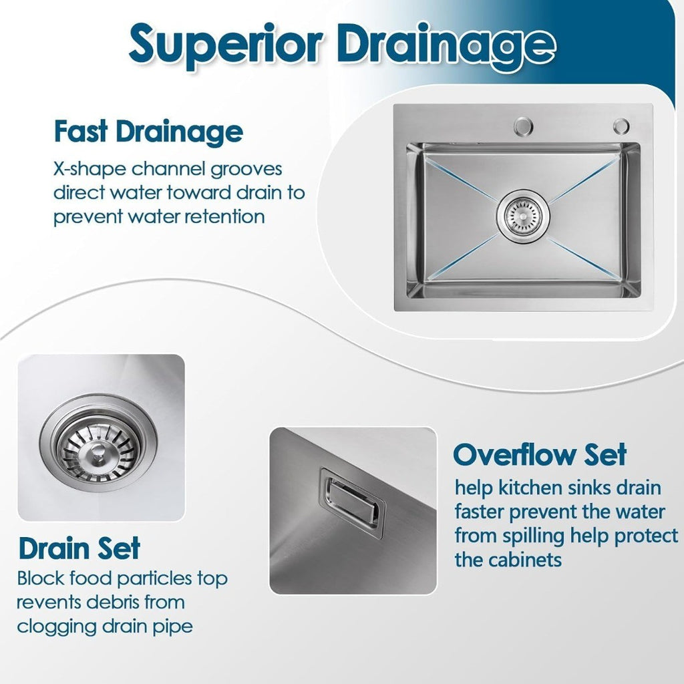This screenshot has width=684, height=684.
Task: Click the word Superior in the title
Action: coord(226,45)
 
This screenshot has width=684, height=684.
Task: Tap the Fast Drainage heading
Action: coord(148,132)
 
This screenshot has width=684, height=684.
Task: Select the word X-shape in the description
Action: coord(90,169)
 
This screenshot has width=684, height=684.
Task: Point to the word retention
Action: coord(224,216)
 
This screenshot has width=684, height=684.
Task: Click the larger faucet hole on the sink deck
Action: coord(523,126)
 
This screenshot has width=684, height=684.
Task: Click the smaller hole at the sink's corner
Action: coord(621,126)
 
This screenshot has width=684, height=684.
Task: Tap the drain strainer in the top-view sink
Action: coord(522,215)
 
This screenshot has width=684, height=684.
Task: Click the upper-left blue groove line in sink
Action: coord(462,179)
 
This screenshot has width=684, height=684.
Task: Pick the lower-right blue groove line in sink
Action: coord(584,259)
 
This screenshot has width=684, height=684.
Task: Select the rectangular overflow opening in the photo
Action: coord(353,502)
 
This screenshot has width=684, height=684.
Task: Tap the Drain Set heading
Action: coord(79,548)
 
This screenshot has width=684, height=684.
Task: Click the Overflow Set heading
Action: coord(540,454)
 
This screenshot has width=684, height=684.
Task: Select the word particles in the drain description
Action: coord(155,579)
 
